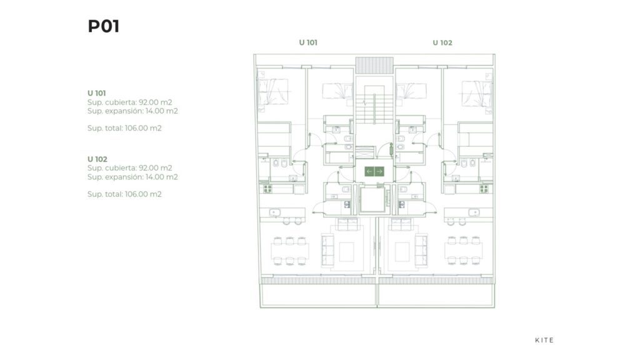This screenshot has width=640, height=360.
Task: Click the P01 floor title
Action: [x=104, y=26]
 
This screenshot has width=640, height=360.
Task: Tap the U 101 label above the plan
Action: [x=308, y=42]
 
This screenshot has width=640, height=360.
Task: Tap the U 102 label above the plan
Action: [x=442, y=42]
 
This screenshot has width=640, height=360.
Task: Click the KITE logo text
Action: [x=544, y=340]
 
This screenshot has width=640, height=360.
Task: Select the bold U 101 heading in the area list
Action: [x=97, y=93]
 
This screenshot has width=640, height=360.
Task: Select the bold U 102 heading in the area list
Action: [x=97, y=159]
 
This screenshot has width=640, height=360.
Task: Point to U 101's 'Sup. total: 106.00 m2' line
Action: [x=124, y=128]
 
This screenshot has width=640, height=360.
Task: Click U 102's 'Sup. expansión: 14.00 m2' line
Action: [x=132, y=177]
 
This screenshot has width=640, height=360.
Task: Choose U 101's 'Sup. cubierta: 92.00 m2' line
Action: [x=130, y=102]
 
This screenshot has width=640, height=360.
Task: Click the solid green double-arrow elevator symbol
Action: [x=374, y=171]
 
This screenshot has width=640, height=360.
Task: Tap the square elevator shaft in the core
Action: [x=372, y=199]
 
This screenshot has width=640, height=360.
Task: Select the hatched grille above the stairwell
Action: [x=374, y=65]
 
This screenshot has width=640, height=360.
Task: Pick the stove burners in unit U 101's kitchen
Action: [x=267, y=189]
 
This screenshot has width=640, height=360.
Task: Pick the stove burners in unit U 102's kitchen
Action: [x=484, y=189]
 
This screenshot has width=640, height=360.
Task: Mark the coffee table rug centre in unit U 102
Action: [x=402, y=251]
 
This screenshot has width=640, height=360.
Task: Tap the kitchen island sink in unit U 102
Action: [x=474, y=212]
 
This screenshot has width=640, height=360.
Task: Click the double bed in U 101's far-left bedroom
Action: [x=274, y=91]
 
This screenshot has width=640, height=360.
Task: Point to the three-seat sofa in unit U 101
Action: [x=327, y=250]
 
